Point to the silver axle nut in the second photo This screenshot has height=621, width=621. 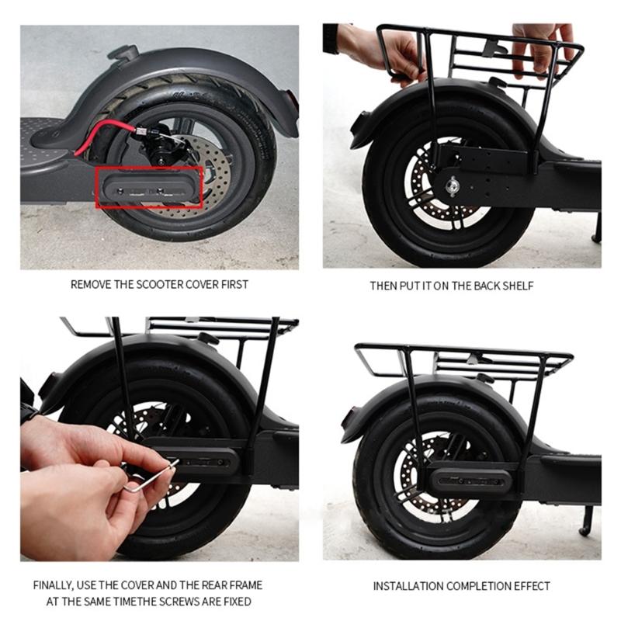[x=451, y=185]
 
